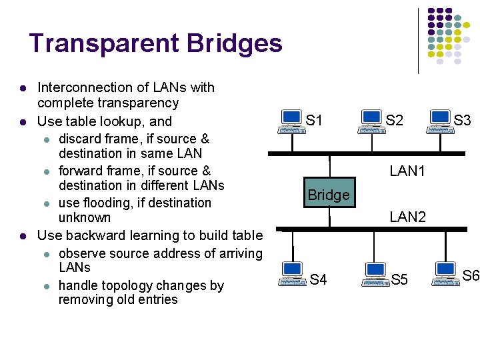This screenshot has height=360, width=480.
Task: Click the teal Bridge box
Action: (x=329, y=194)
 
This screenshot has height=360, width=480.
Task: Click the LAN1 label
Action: (x=407, y=171)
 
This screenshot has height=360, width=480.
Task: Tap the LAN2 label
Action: (x=407, y=217)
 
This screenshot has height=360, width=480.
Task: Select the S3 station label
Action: (x=463, y=121)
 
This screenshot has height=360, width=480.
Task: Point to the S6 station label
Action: (x=471, y=275)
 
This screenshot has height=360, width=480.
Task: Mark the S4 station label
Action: (x=318, y=279)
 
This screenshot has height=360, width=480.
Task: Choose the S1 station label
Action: (x=314, y=121)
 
